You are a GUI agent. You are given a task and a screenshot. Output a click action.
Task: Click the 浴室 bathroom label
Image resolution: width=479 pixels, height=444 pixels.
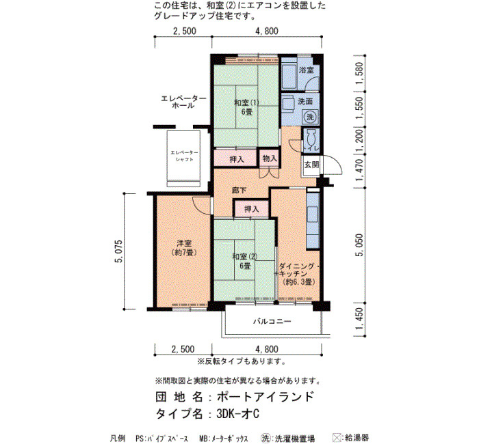pyautogui.click(x=306, y=70)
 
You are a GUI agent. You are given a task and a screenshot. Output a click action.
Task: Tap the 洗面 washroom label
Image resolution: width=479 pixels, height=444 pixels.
pyautogui.click(x=305, y=102)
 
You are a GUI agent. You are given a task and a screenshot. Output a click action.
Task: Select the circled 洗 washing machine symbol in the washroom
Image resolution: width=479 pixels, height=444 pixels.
pyautogui.click(x=310, y=117)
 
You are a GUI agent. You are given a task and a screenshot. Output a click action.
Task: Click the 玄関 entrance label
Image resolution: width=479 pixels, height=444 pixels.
pyautogui.click(x=311, y=165)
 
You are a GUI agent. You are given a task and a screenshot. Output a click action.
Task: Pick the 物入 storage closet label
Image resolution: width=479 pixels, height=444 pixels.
pyautogui.click(x=270, y=158)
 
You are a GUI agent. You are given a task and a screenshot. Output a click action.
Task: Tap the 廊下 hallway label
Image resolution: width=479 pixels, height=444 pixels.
pyautogui.click(x=239, y=191)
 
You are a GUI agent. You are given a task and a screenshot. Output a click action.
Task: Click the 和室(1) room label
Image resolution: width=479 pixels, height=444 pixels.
pyautogui.click(x=247, y=102)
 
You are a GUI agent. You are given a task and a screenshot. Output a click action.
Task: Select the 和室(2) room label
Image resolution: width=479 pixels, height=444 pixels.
pyautogui.click(x=245, y=257)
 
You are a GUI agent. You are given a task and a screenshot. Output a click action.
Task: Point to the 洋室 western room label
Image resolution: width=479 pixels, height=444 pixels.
pyautogui.click(x=184, y=243)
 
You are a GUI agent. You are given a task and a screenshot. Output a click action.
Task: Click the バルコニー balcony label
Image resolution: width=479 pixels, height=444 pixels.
pyautogui.click(x=272, y=321)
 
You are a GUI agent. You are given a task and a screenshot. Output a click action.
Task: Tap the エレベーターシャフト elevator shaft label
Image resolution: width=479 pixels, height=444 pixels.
pyautogui.click(x=184, y=156)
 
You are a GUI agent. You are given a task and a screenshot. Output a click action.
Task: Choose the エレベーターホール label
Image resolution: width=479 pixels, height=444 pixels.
pyautogui.click(x=183, y=102)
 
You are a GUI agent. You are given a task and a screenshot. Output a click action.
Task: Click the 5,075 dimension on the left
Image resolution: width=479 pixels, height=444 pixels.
pyautogui.click(x=119, y=251)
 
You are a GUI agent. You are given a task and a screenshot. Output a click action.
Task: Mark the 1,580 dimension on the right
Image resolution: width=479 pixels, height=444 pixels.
pyautogui.click(x=360, y=73)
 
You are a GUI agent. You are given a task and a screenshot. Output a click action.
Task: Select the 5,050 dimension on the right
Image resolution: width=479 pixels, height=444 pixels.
pyautogui.click(x=360, y=245)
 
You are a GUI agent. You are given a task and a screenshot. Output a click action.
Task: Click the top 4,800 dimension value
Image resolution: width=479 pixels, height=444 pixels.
pyautogui.click(x=267, y=31)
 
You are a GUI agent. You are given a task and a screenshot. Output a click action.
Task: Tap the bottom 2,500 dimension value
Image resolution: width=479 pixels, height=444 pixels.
pyautogui.click(x=183, y=349)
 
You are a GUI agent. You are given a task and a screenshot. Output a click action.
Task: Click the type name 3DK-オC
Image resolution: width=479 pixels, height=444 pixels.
pyautogui.click(x=238, y=414)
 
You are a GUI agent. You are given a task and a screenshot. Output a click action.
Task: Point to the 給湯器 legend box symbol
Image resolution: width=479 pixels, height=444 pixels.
pyautogui.click(x=337, y=438)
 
